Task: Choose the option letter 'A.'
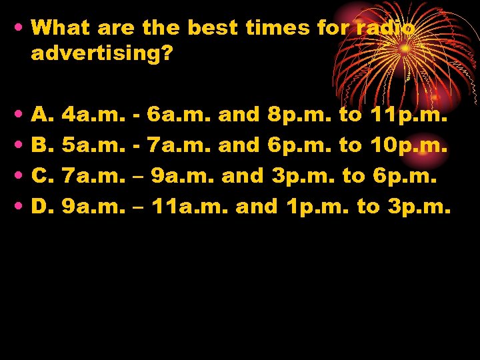42,115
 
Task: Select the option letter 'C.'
42,176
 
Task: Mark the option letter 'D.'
42,207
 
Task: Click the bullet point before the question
17,28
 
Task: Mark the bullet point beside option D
17,207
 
